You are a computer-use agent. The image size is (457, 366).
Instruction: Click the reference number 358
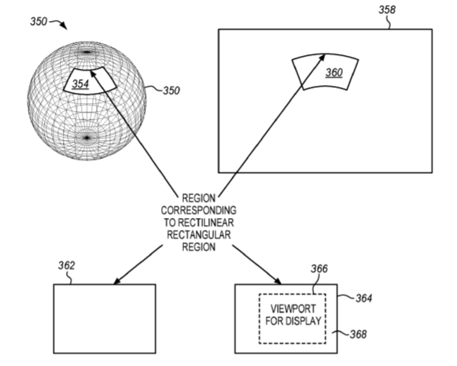pos(387,9)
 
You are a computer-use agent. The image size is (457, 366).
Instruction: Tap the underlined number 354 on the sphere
pos(80,83)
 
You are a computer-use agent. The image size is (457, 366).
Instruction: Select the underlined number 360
pos(334,72)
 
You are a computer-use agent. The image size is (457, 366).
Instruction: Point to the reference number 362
pos(66,265)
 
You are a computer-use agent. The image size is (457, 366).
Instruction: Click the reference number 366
pos(319,268)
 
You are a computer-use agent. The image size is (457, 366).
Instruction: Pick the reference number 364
pos(363,298)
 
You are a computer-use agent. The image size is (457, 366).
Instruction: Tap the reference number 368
pos(358,335)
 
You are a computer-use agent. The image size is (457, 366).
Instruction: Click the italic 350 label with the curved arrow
pos(39,21)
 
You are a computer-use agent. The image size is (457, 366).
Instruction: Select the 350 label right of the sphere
pos(171,91)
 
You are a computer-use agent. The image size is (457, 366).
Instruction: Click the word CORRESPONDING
pos(199,210)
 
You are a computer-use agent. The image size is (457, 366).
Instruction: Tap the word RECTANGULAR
pos(199,235)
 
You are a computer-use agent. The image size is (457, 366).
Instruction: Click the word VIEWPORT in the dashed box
pos(293,309)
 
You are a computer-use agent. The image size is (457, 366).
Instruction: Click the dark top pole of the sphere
pos(87,53)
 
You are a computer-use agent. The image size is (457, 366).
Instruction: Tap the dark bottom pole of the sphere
pos(87,138)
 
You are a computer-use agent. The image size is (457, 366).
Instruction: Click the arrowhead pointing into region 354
pos(93,74)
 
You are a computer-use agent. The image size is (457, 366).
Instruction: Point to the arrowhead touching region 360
pos(322,57)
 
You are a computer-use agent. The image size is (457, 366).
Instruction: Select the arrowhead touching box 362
pos(117,280)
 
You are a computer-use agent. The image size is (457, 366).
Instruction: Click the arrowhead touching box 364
pos(277,280)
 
